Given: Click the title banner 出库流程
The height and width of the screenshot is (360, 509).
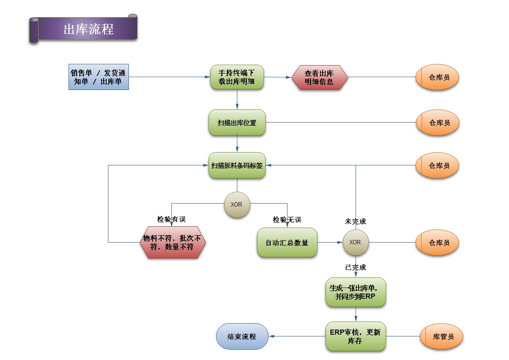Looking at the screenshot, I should coord(88,29).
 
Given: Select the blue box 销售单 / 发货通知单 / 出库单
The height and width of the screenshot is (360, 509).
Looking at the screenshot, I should coord(99,77).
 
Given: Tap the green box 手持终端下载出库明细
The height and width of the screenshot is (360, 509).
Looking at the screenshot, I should coord(237,77).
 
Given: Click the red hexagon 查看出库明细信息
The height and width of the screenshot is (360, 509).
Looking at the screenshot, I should coord(320,78).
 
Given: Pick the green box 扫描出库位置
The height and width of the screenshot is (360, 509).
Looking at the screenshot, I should coord(237,123).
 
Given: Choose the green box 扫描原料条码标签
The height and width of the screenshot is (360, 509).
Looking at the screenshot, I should coord(237,165).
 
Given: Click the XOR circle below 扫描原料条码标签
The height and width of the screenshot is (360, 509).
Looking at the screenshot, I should coord(237,204).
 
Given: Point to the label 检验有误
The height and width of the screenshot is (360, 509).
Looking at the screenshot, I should coord(171,219).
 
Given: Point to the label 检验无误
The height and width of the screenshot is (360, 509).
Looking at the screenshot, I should coord(287,219).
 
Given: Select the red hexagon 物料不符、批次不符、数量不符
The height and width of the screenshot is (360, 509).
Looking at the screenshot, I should coord(172,243).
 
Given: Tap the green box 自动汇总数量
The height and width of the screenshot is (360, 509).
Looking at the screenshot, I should coord(287,243).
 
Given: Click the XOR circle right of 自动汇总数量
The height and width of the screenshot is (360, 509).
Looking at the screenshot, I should coord(355,242).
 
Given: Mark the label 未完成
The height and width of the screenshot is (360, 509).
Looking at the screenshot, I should coord(356,222).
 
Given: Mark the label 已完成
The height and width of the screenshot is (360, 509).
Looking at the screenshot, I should coord(356,267).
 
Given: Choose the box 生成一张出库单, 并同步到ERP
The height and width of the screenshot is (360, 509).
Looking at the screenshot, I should coord(356,292).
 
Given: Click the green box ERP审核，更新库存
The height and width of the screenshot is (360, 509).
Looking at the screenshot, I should coord(356,336).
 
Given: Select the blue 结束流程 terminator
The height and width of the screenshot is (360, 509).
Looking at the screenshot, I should coord(242,336).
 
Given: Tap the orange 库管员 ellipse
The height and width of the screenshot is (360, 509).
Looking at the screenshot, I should coord(441,336).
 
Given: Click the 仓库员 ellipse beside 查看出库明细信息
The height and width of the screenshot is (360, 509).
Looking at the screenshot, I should coord(437,78).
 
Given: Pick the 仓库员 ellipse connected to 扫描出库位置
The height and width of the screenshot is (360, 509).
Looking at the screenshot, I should coord(437,123).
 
